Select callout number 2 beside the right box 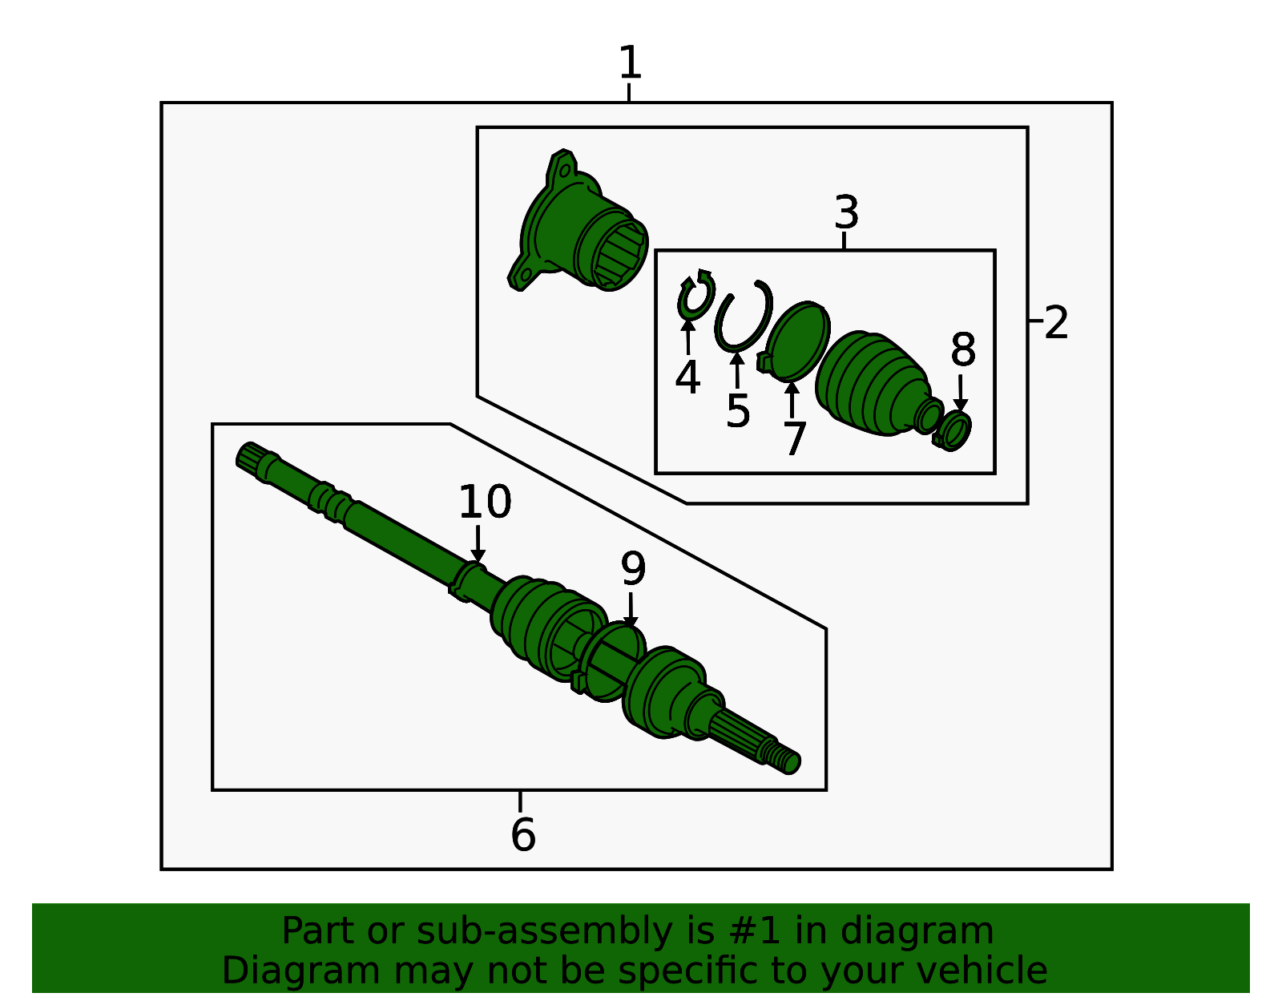coord(1056,323)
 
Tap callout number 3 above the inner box coord(846,213)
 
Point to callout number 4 coord(687,377)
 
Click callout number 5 coord(738,411)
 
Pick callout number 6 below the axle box coord(522,835)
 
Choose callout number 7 coord(793,439)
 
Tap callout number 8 coord(963,351)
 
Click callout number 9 coord(633,570)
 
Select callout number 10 coord(485,503)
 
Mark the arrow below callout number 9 coord(631,611)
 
